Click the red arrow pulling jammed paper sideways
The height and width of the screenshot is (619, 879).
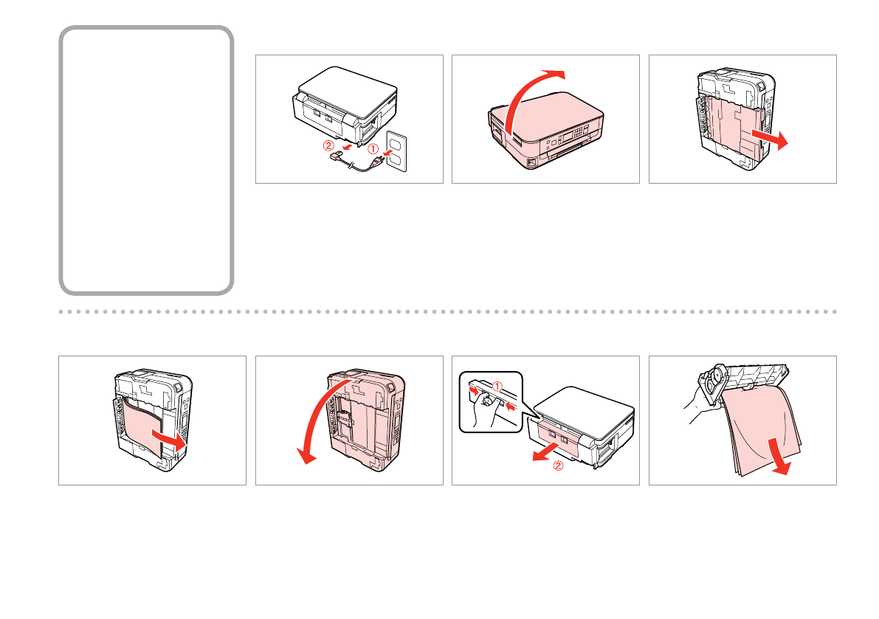tap(170, 440)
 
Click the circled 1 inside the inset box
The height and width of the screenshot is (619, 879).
tap(497, 385)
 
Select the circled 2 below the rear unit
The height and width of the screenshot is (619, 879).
tap(558, 466)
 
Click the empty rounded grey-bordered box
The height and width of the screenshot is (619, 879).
tap(146, 161)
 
